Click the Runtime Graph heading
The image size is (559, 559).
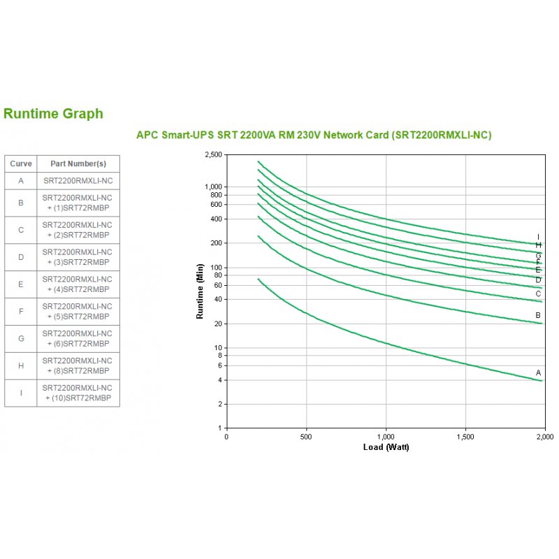click(x=53, y=114)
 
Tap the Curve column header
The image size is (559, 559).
click(x=21, y=164)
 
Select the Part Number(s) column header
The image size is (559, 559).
click(x=78, y=164)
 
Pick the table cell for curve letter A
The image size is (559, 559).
click(x=21, y=180)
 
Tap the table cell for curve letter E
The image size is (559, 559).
click(x=21, y=284)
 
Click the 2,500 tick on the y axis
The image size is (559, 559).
click(x=212, y=154)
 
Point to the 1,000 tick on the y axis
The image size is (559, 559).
click(x=212, y=187)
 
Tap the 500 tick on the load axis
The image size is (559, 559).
click(x=306, y=437)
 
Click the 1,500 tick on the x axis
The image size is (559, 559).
click(x=465, y=437)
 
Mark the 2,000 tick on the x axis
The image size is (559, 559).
click(x=544, y=437)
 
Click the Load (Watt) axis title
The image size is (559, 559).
click(x=386, y=447)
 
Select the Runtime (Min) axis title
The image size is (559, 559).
click(x=200, y=291)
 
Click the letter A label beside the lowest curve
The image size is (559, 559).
click(x=539, y=372)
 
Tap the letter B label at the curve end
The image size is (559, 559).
click(x=539, y=315)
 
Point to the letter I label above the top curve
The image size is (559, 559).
click(x=539, y=236)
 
